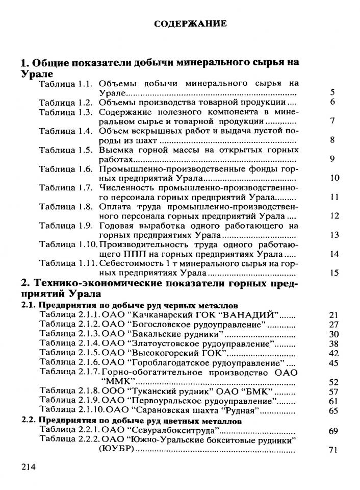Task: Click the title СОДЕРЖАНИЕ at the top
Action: coord(190,24)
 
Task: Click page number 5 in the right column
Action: coord(332,92)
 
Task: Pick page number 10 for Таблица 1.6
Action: coord(335,178)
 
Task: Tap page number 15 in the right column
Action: coord(335,273)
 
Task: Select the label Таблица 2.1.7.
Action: coord(70,372)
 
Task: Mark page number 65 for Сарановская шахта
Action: coord(334,410)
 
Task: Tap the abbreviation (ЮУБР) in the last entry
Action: coord(116,449)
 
